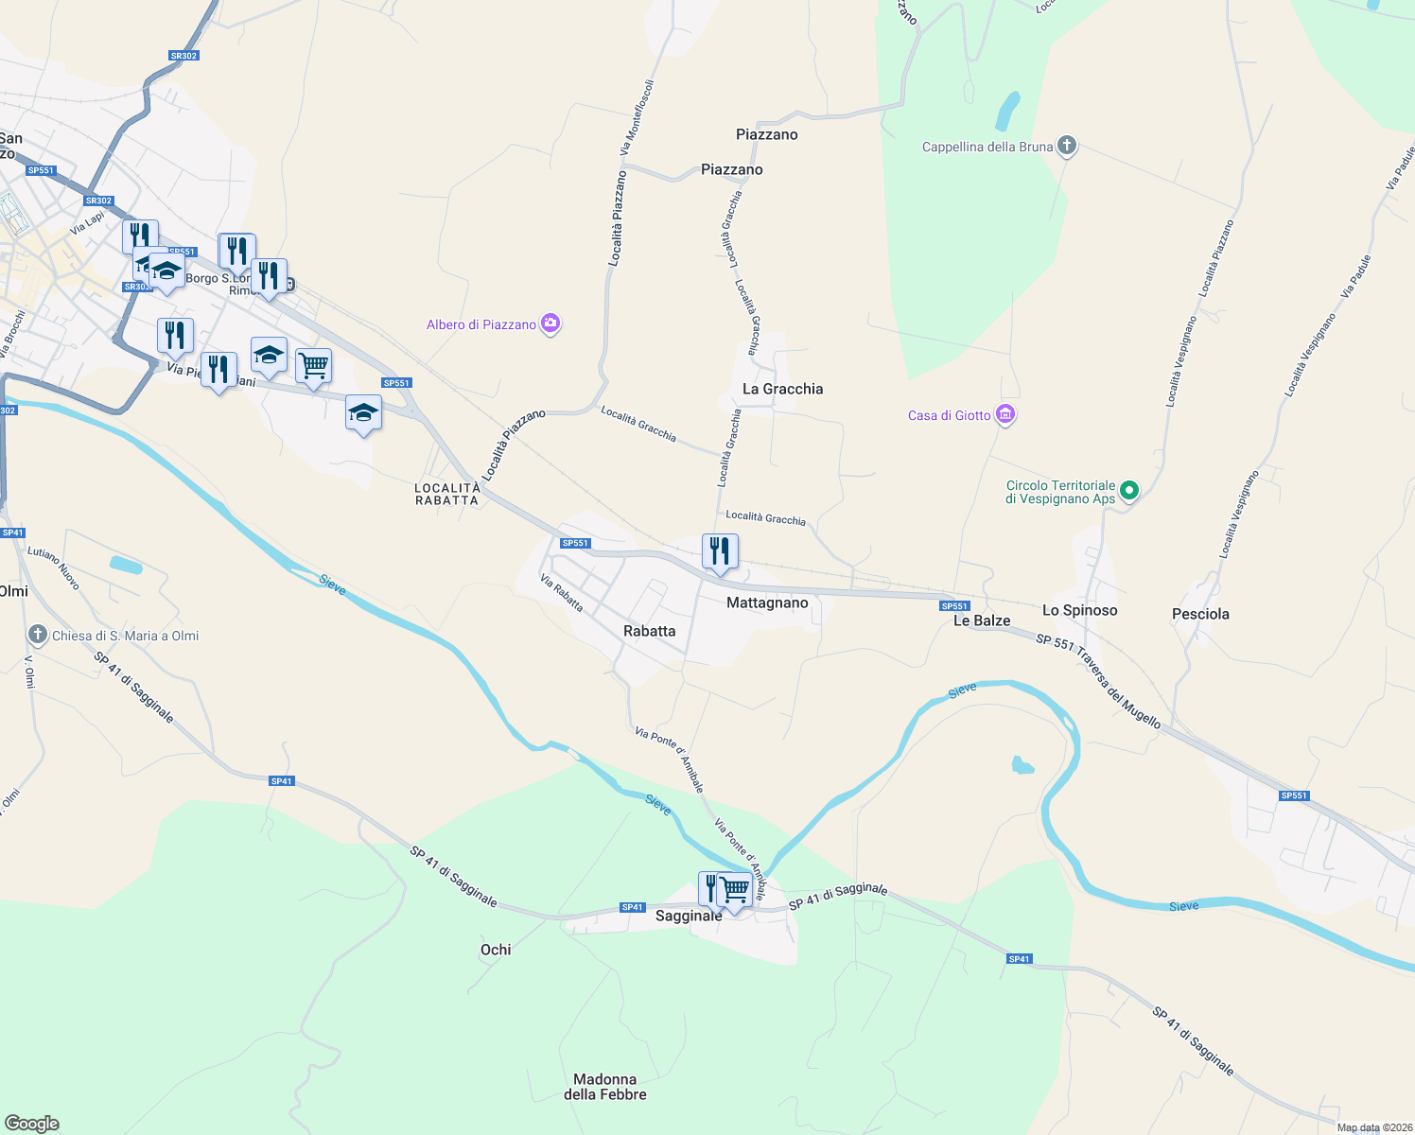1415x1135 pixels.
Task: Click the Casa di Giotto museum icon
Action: (1005, 415)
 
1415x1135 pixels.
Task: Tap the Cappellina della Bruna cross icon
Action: (1067, 146)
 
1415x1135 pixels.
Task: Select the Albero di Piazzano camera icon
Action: (550, 324)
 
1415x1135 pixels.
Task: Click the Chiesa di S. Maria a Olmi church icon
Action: (37, 635)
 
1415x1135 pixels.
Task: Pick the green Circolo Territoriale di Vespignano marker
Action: (1128, 491)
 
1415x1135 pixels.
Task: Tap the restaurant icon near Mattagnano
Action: (720, 551)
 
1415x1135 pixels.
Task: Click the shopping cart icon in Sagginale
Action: (735, 890)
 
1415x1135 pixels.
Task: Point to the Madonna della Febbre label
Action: (605, 1087)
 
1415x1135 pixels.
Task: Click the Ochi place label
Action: (496, 950)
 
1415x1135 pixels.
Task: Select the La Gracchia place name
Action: (782, 389)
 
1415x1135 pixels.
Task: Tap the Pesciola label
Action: (1200, 614)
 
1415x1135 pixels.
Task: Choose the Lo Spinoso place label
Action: (1079, 610)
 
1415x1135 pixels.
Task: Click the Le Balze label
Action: (982, 620)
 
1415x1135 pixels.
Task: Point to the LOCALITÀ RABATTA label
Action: (447, 494)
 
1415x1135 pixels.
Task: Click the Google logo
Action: (32, 1124)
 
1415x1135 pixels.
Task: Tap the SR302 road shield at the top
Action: (183, 56)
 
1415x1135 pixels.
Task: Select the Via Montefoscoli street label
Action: (637, 118)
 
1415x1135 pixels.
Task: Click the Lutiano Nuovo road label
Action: (54, 567)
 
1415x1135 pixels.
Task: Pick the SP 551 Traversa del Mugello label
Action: (1098, 681)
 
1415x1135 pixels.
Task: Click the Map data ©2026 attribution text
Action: (1371, 1127)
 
